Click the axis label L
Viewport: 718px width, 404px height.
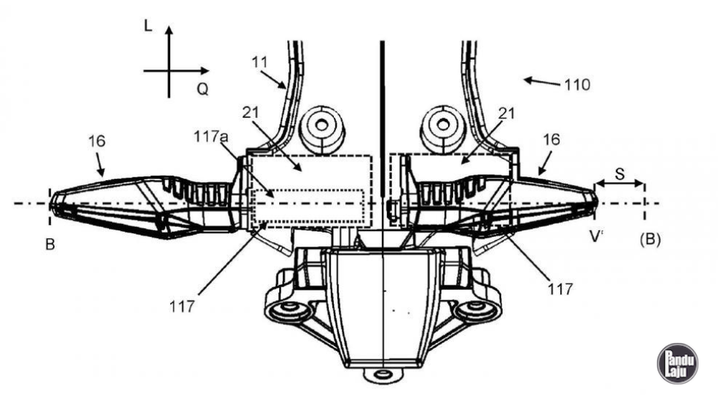(x=148, y=25)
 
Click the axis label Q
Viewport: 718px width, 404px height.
(x=203, y=89)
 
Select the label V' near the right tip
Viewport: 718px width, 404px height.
(x=595, y=237)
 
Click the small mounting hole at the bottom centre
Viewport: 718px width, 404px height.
(x=382, y=375)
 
